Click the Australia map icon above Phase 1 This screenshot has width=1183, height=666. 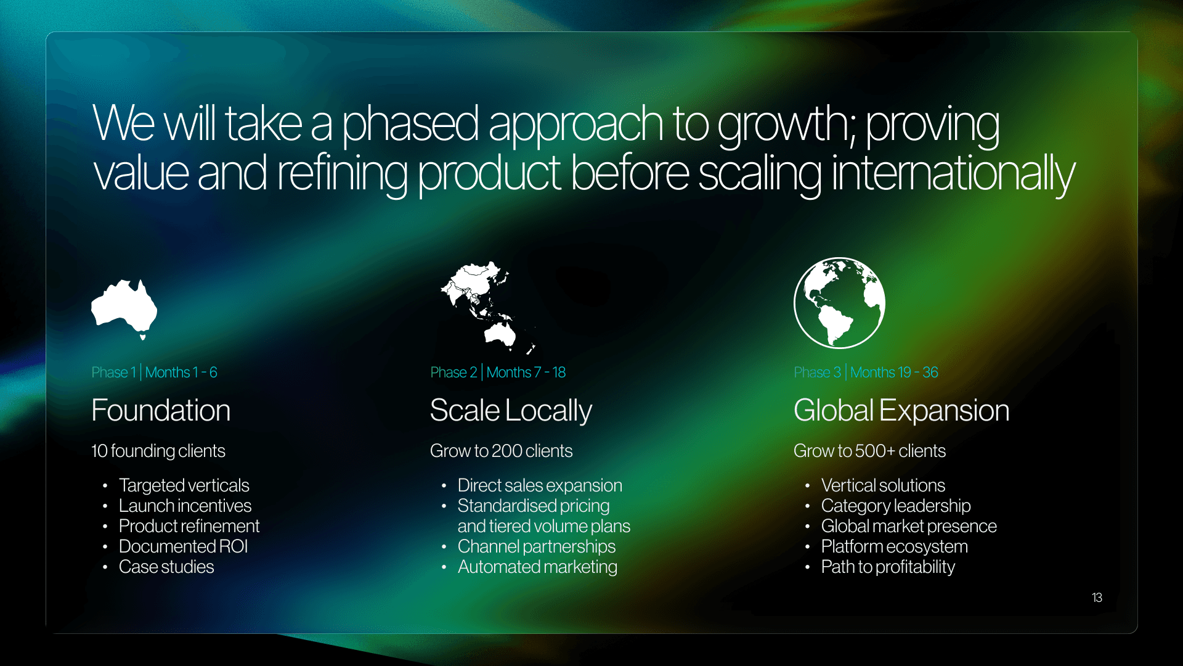(124, 308)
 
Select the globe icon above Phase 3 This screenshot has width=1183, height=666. (839, 303)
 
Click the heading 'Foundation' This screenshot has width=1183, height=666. (161, 411)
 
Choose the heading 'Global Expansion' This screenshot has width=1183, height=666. (901, 411)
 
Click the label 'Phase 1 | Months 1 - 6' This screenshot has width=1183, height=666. (154, 372)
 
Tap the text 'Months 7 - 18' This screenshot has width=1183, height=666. (526, 372)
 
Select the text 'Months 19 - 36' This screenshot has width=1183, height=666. (894, 372)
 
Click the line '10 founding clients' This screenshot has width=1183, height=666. (158, 451)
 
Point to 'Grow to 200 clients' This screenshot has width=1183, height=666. (501, 451)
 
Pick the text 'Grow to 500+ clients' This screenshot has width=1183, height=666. (869, 451)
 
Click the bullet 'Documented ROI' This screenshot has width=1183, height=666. (183, 546)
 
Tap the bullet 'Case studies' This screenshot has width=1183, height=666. (166, 567)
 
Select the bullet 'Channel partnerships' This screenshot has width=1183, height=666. (537, 547)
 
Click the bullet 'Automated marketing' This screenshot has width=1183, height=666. (537, 567)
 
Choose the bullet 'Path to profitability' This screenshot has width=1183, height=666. (888, 567)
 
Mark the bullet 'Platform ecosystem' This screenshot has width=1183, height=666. (895, 547)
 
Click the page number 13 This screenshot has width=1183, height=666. (1097, 598)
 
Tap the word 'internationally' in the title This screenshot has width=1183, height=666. (953, 175)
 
